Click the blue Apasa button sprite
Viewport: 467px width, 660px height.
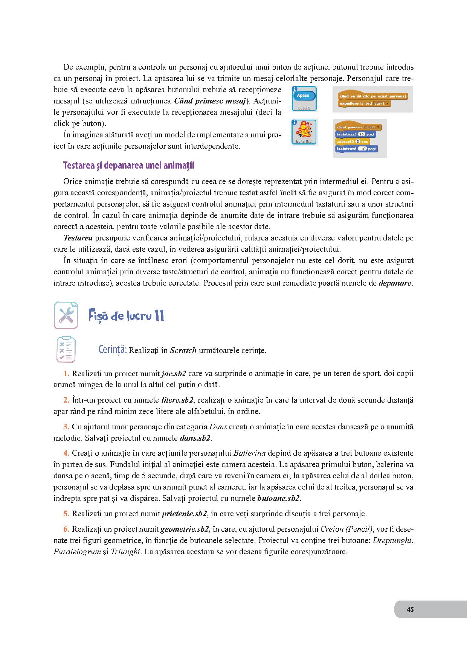304,96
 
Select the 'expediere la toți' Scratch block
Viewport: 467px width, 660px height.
365,103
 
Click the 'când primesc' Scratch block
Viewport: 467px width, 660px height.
358,127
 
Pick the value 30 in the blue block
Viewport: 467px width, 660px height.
361,134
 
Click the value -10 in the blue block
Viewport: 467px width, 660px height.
362,149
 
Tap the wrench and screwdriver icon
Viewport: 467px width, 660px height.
66,315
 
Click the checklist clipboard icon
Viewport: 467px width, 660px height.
66,350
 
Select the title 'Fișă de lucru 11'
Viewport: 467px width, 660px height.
126,316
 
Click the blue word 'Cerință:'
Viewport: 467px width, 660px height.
112,350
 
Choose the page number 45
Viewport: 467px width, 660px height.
411,609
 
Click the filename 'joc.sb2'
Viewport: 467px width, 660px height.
174,374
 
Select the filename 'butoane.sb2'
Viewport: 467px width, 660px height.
278,498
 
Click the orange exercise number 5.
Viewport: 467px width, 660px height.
66,514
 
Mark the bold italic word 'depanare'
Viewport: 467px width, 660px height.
395,283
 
